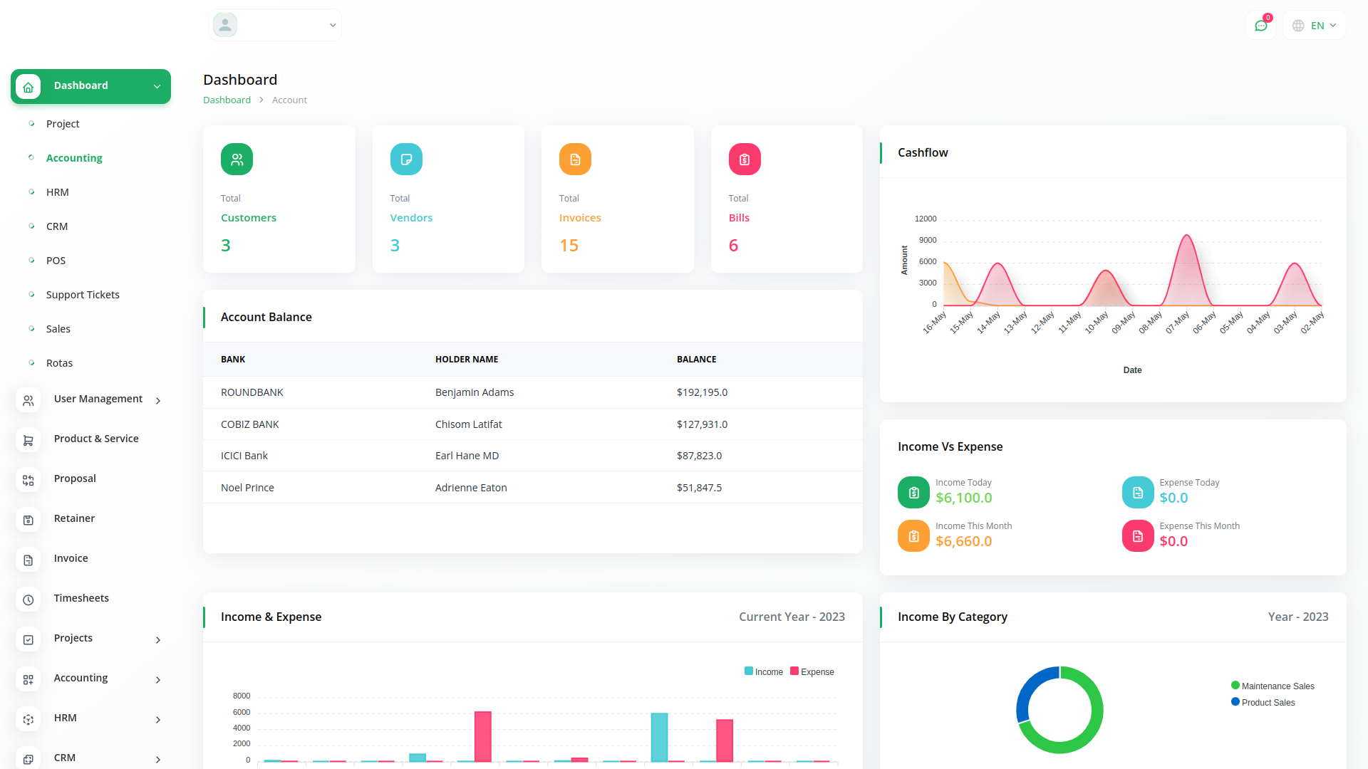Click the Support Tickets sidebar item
point(83,295)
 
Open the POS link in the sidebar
point(56,261)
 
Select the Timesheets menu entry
point(81,598)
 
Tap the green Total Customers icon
point(237,159)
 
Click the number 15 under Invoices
point(569,246)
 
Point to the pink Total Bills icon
point(745,159)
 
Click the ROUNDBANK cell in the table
point(252,392)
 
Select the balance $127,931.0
point(702,424)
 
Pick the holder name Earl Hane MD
point(467,456)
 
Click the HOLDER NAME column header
point(467,360)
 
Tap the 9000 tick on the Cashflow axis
point(928,240)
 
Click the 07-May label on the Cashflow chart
point(1178,322)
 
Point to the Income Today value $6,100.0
point(963,498)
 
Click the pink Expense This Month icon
point(1138,536)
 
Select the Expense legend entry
point(812,671)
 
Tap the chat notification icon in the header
point(1260,26)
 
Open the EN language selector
point(1315,26)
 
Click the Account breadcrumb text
point(289,100)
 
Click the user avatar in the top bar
point(225,25)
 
